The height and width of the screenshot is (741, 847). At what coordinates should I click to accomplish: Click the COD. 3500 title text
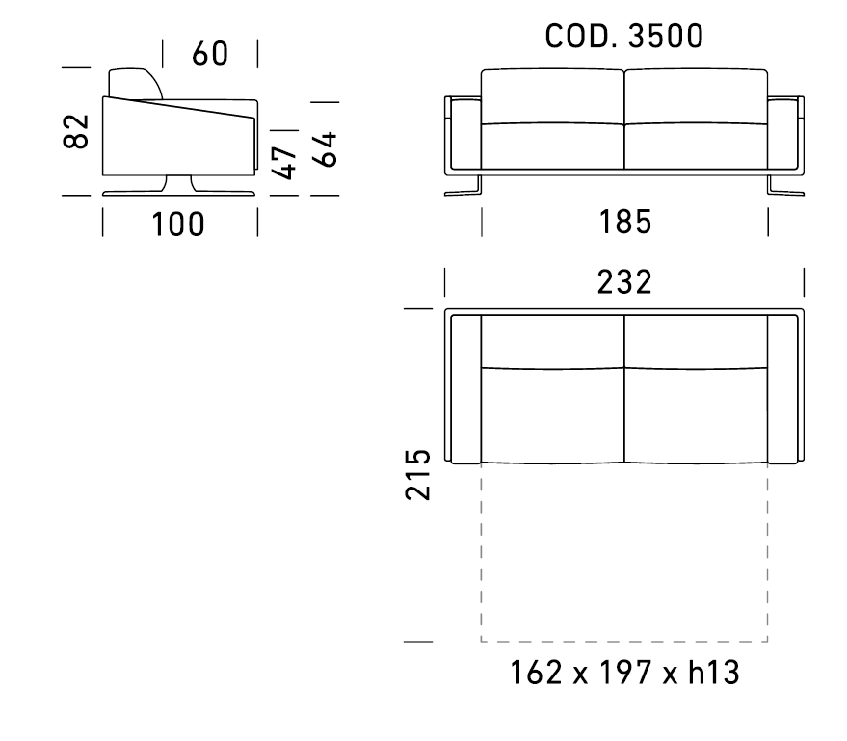click(x=623, y=37)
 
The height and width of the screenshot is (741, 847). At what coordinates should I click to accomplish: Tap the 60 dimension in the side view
click(x=210, y=53)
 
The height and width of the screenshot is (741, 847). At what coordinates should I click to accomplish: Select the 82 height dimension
click(x=75, y=131)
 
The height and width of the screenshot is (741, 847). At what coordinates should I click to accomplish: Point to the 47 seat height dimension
click(x=283, y=162)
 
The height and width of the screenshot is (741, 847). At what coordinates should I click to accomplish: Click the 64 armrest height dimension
click(x=325, y=149)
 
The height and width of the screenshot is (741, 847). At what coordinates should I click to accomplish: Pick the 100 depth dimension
click(x=178, y=225)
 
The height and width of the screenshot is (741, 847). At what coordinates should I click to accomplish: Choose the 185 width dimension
click(x=625, y=222)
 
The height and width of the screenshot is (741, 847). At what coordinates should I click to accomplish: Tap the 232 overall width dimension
click(x=624, y=282)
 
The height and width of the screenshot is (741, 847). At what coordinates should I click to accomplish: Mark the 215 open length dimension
click(x=417, y=474)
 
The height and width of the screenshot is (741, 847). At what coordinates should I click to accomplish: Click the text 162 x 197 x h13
click(x=624, y=673)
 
